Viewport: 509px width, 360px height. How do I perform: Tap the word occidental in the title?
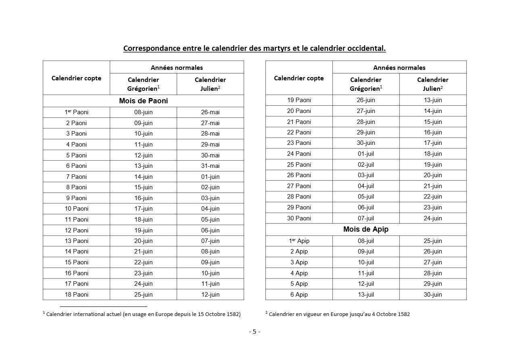point(365,48)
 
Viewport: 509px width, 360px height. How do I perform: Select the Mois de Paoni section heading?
point(143,101)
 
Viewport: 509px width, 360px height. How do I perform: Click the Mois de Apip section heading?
point(366,229)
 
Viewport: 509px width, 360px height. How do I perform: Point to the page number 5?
point(255,332)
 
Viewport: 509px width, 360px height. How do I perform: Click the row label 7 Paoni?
point(77,176)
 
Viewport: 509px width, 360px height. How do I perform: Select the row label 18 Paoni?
point(77,295)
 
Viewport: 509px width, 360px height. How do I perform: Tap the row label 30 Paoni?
point(299,218)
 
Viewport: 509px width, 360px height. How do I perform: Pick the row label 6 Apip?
point(299,295)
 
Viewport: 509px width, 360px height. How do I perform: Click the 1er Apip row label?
point(299,241)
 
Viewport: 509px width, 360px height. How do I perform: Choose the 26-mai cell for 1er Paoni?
point(210,112)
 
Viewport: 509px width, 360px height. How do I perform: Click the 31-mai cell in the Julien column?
point(210,166)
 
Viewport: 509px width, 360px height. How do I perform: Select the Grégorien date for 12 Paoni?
point(143,230)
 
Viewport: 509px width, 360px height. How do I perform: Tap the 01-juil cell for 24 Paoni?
point(366,154)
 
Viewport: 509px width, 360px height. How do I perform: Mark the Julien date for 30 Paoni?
point(433,218)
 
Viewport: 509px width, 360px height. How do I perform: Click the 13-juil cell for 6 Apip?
point(366,295)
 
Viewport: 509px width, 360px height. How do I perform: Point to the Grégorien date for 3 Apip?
point(366,262)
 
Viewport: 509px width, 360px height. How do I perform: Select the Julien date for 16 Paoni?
point(210,273)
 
